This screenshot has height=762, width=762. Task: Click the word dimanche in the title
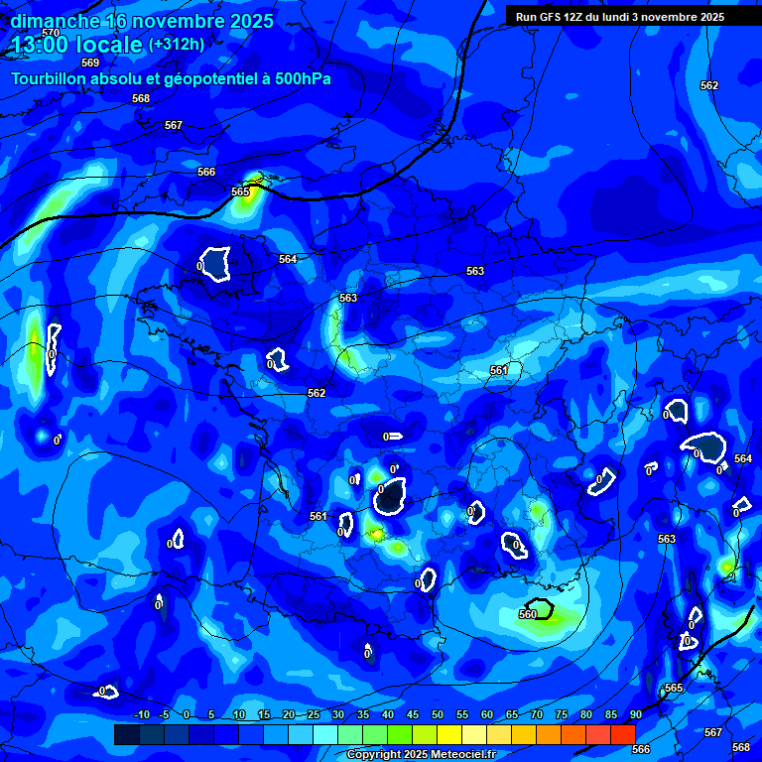click(55, 20)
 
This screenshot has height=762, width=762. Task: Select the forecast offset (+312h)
click(177, 44)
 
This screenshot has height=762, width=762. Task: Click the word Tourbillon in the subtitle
click(49, 78)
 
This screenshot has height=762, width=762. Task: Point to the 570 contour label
click(51, 33)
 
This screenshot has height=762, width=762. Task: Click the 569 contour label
click(90, 63)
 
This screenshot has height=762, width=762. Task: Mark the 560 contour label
click(528, 614)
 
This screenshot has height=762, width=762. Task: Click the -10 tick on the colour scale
click(141, 715)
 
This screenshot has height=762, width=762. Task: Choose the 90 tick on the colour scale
click(635, 715)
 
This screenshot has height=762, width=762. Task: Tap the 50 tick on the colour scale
click(437, 715)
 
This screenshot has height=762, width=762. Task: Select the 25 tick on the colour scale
click(313, 715)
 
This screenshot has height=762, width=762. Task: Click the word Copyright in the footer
click(377, 755)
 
